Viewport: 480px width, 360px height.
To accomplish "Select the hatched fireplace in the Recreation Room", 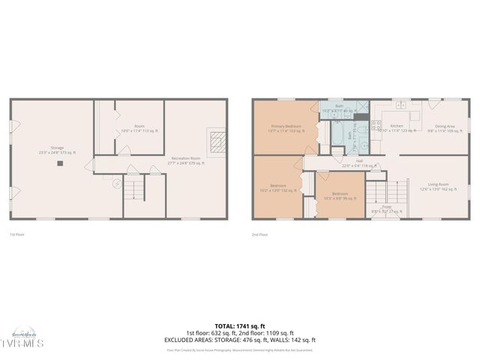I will point(217,142).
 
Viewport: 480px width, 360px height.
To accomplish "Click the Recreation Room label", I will point(185,160).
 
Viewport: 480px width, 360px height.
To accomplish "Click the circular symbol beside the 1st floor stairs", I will point(115,182).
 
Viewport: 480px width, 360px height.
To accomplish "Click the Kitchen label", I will point(397,128).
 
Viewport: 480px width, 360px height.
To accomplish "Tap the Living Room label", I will point(438,186).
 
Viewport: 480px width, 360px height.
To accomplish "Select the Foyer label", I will point(387,209).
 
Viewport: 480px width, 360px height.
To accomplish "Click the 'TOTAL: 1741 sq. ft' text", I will point(239,326).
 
